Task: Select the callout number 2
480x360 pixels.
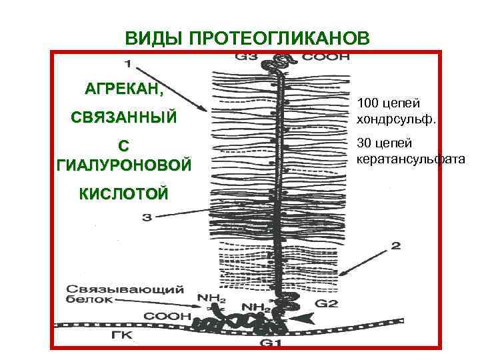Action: click(395, 246)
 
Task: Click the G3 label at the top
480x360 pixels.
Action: click(247, 57)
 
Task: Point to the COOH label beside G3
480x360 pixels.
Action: click(327, 57)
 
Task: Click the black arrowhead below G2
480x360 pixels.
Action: click(305, 319)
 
